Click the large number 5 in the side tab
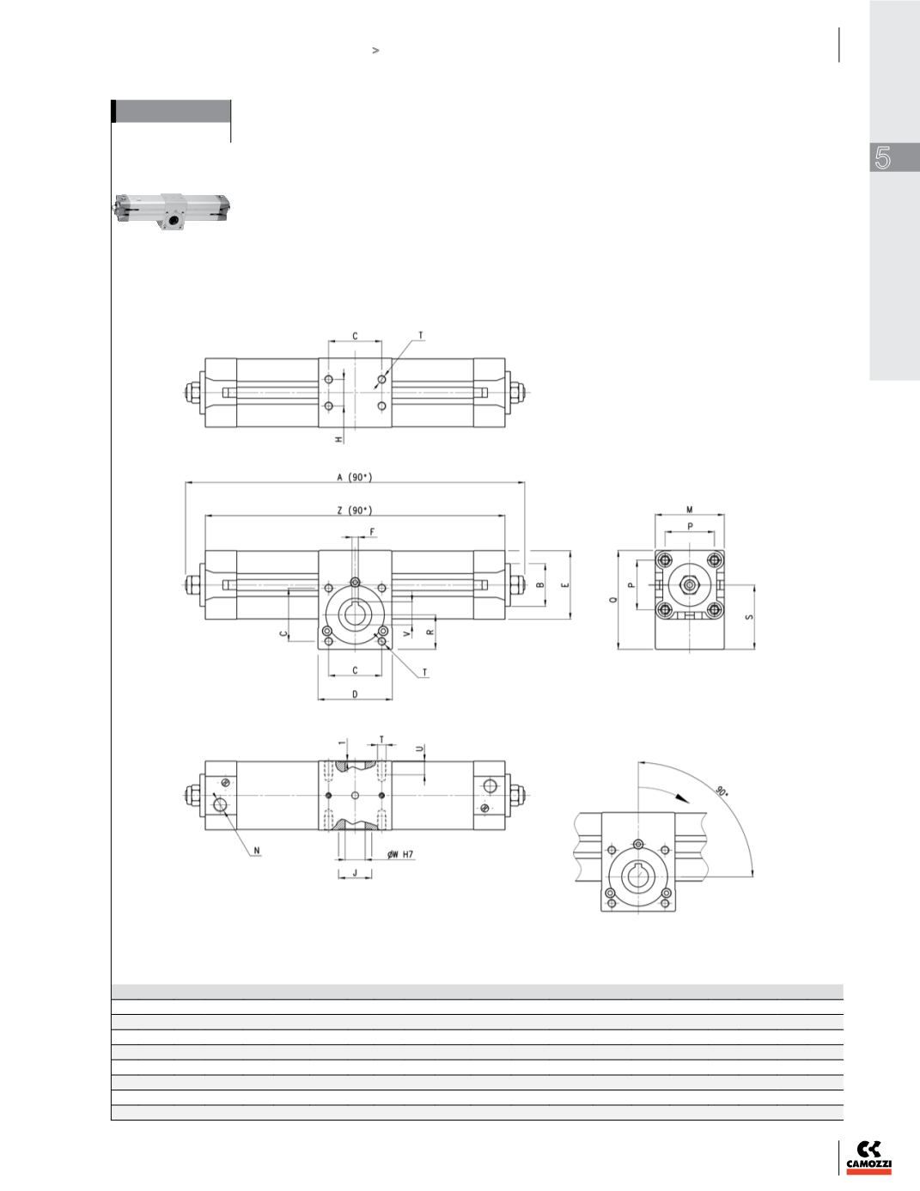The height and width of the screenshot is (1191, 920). point(882,158)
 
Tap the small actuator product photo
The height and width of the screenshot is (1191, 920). point(172,211)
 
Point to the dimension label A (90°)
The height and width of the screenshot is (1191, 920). point(355,477)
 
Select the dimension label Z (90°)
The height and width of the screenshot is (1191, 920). point(355,510)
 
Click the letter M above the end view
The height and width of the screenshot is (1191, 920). point(689,510)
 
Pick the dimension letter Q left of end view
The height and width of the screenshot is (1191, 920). point(613,599)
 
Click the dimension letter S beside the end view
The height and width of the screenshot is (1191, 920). point(750,617)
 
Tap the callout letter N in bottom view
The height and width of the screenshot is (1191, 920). point(257,852)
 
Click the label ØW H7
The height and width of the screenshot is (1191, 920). point(400,854)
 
